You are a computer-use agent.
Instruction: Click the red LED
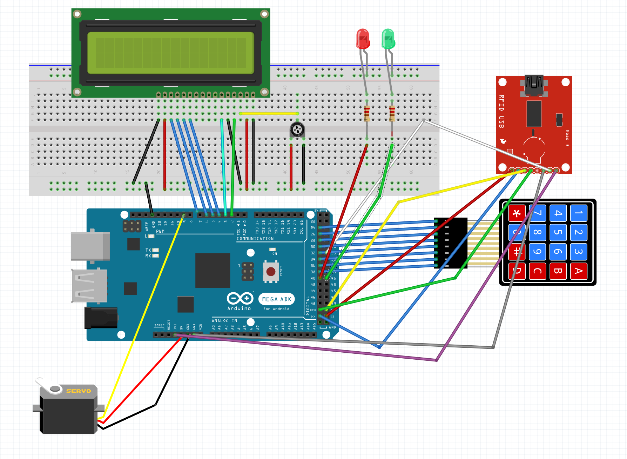[x=363, y=39]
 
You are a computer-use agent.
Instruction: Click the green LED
[x=388, y=39]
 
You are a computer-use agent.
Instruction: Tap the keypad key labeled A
[x=579, y=271]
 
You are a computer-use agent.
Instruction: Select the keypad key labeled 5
[x=558, y=232]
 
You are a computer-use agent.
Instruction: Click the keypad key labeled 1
[x=579, y=213]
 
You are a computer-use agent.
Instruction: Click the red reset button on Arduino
[x=271, y=271]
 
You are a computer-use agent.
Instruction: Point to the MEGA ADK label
[x=277, y=299]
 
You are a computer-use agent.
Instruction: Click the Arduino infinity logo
[x=240, y=298]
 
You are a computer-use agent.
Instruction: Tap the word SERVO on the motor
[x=79, y=391]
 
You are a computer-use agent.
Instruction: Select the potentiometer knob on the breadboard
[x=297, y=130]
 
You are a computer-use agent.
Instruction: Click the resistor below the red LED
[x=367, y=113]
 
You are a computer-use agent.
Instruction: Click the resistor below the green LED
[x=392, y=113]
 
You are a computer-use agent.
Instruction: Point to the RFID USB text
[x=502, y=111]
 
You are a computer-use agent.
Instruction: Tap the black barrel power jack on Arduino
[x=101, y=318]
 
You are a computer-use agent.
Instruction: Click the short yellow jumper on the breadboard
[x=269, y=113]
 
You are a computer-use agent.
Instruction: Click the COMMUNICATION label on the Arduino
[x=255, y=239]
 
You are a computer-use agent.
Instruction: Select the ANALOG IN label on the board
[x=224, y=321]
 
